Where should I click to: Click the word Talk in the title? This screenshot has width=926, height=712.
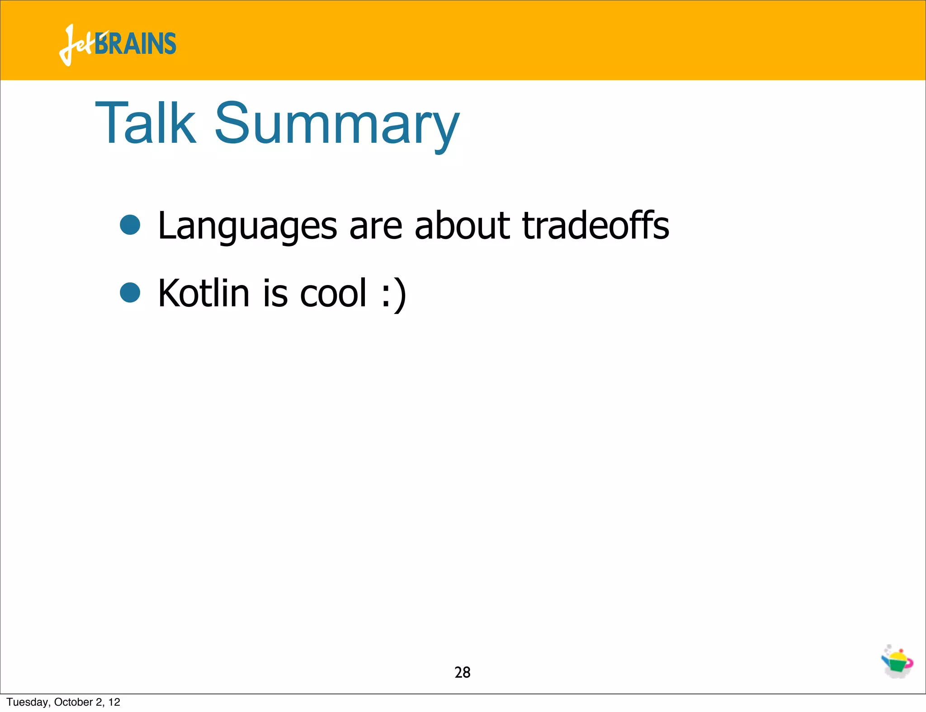tap(146, 123)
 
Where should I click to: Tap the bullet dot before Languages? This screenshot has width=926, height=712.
tap(130, 225)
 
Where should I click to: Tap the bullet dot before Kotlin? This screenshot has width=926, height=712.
tap(130, 292)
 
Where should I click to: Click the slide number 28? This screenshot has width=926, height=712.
tap(462, 672)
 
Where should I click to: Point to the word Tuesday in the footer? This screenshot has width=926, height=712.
tap(28, 702)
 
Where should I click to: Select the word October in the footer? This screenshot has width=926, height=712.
tap(73, 702)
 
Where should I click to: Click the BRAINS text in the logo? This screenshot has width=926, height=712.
tap(136, 44)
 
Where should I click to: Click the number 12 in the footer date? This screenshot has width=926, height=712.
tap(114, 702)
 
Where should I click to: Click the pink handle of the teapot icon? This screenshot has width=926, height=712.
tap(909, 663)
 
